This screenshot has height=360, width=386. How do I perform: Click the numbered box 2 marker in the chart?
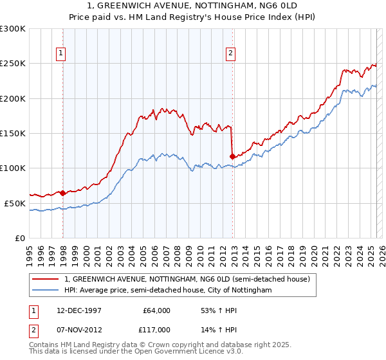(230, 54)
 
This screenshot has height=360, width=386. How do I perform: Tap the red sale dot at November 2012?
(232, 156)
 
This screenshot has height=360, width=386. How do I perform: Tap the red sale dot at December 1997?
(63, 193)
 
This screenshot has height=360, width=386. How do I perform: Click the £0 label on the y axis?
(19, 238)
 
